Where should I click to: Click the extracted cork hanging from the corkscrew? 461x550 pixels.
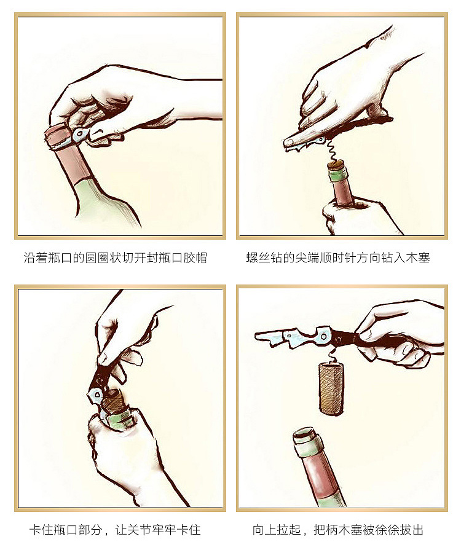pos(331,388)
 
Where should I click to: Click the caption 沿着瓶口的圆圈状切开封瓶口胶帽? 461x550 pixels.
pos(116,258)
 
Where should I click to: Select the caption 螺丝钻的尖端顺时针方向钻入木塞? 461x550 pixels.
pos(338,258)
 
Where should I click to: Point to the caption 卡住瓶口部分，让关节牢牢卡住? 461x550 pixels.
pos(115,530)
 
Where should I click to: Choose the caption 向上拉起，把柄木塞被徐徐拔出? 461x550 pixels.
pos(338,530)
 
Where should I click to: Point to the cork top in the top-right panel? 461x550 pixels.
pos(336,164)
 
